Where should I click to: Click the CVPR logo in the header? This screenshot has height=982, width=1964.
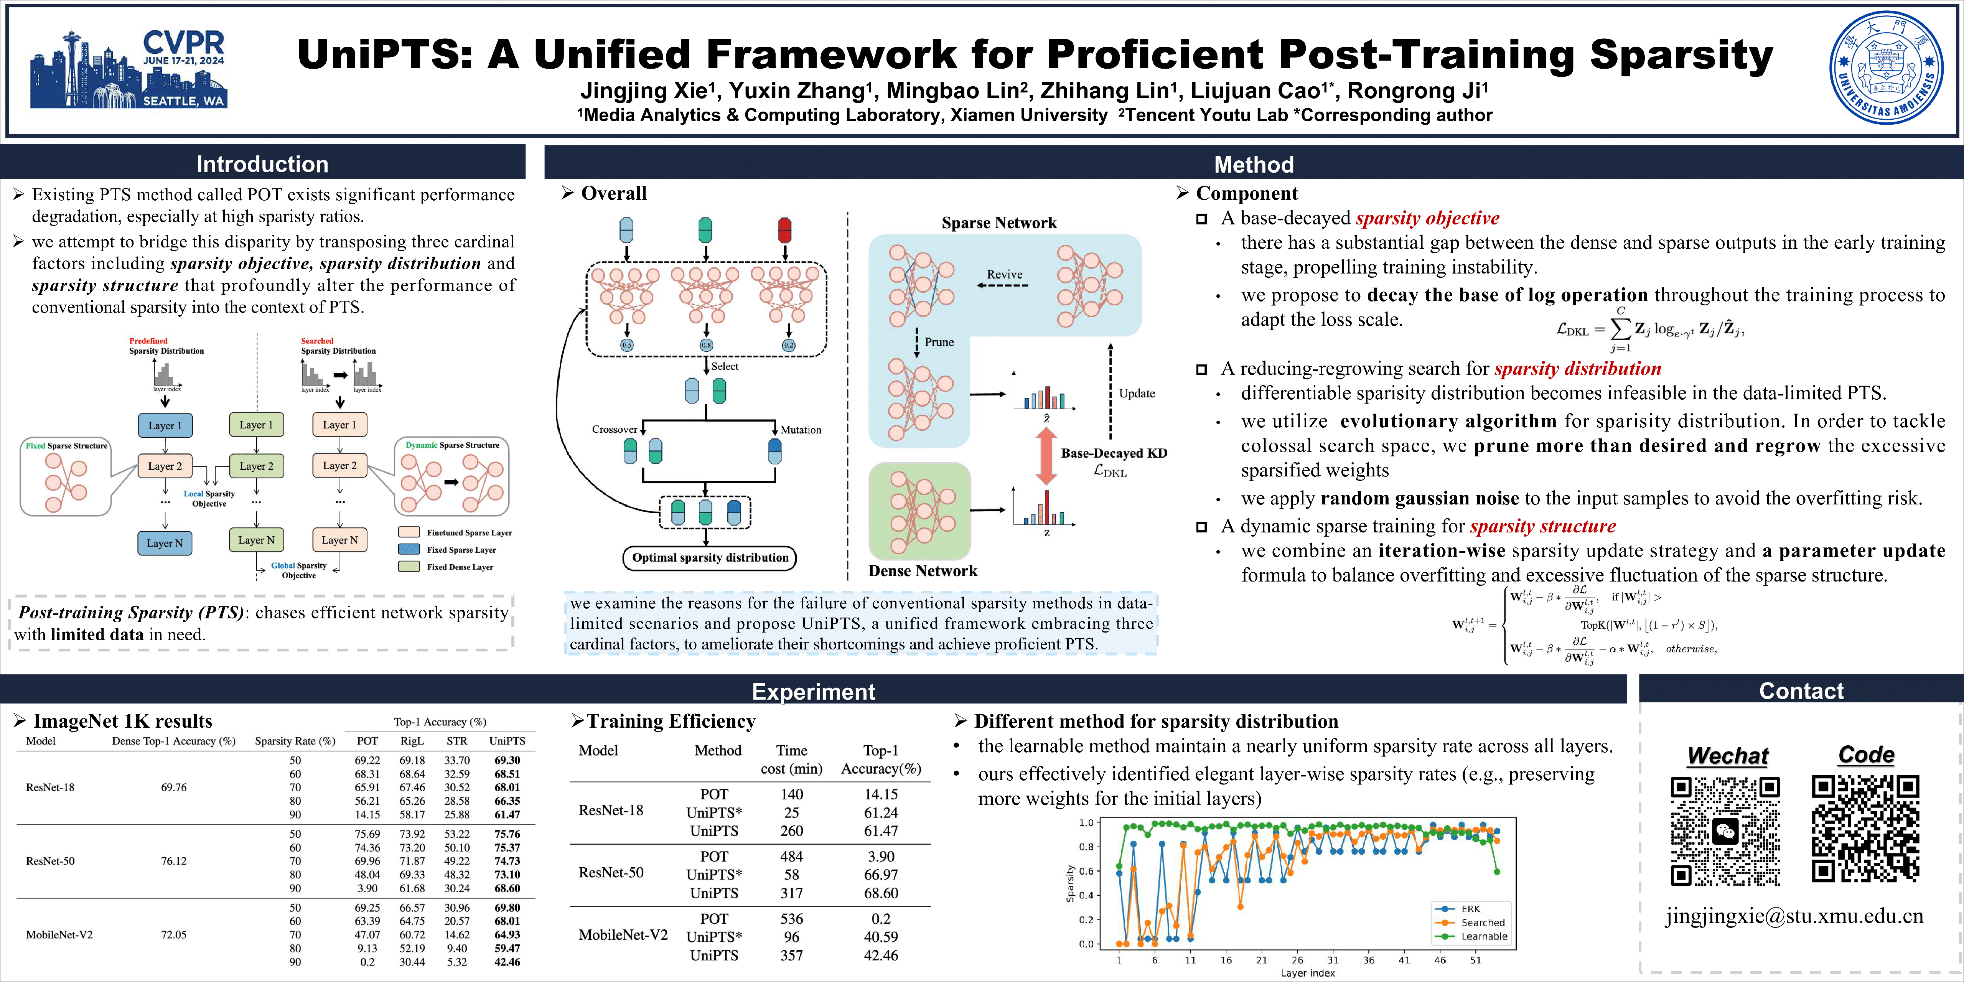coord(128,69)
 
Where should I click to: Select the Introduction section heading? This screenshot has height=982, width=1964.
coord(262,164)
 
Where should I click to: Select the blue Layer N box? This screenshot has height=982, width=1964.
coord(165,543)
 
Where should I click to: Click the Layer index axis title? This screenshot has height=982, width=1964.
coord(1308,973)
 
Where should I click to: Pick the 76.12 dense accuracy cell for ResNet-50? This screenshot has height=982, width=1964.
coord(174,861)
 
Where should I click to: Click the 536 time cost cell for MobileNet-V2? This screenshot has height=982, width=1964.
coord(791,919)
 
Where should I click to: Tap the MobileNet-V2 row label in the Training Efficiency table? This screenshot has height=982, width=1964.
coord(623,935)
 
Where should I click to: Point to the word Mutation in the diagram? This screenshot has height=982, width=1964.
coord(801,430)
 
